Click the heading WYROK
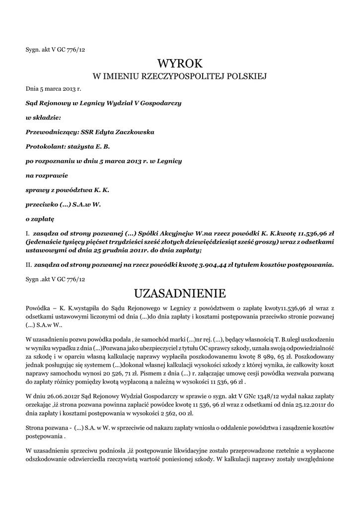[x=180, y=63]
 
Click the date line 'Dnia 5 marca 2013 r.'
[x=53, y=89]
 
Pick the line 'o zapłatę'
[x=40, y=218]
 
